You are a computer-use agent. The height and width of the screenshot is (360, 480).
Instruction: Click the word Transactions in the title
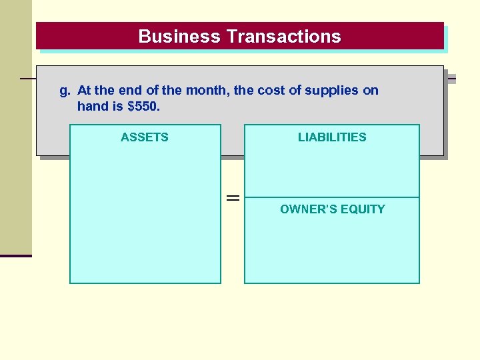pyautogui.click(x=284, y=37)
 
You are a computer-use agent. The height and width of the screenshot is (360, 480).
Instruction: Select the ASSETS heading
pyautogui.click(x=145, y=137)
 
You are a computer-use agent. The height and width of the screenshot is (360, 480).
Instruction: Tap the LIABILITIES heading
pyautogui.click(x=332, y=137)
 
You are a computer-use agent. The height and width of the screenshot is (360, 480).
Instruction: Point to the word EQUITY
pyautogui.click(x=363, y=209)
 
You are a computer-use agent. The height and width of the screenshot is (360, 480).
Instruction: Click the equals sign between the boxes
pyautogui.click(x=233, y=198)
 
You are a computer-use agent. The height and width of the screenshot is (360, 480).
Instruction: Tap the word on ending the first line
pyautogui.click(x=371, y=91)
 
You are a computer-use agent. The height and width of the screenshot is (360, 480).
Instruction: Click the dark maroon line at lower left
pyautogui.click(x=16, y=255)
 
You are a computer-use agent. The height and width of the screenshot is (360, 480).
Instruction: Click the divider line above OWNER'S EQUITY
pyautogui.click(x=332, y=197)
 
